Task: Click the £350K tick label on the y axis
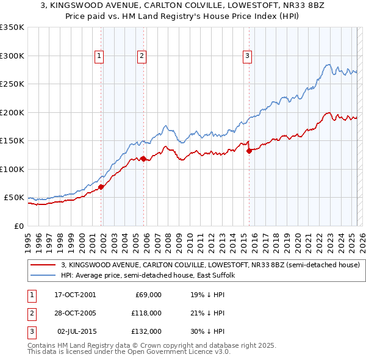tap(12, 27)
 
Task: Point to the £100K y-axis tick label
tap(12, 169)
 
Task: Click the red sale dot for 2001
tap(101, 187)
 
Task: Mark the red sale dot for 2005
tap(144, 159)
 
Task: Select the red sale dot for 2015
tap(249, 151)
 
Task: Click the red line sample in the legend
tap(43, 265)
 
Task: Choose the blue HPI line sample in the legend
tap(43, 275)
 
